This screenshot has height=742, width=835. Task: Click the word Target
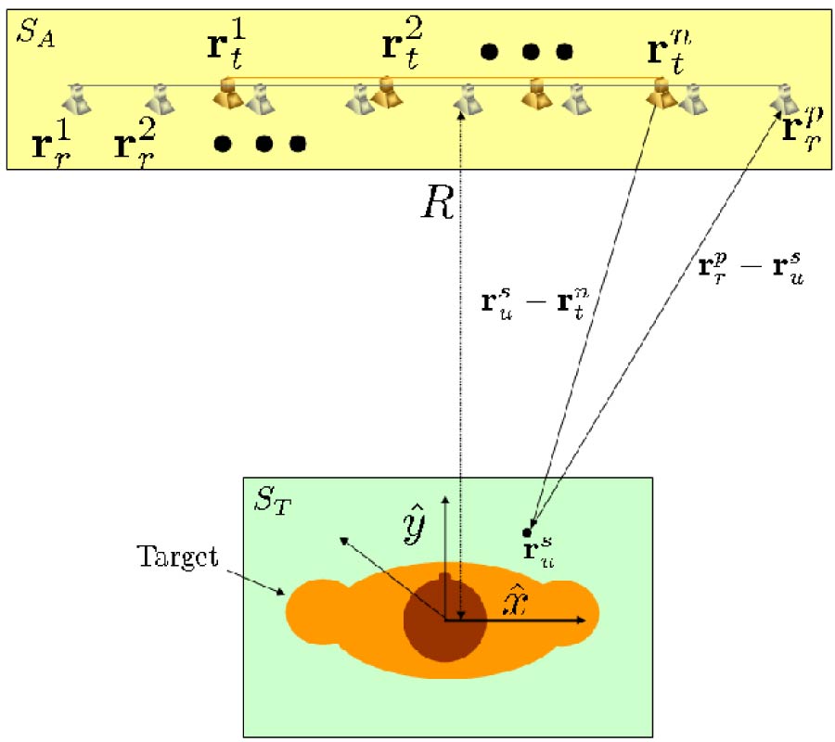[x=177, y=557]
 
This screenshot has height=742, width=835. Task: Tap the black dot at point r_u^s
[x=527, y=532]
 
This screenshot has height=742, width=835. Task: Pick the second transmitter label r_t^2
[x=403, y=46]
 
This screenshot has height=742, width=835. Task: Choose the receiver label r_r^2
[x=135, y=144]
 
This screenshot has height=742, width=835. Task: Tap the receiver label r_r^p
[x=800, y=128]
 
